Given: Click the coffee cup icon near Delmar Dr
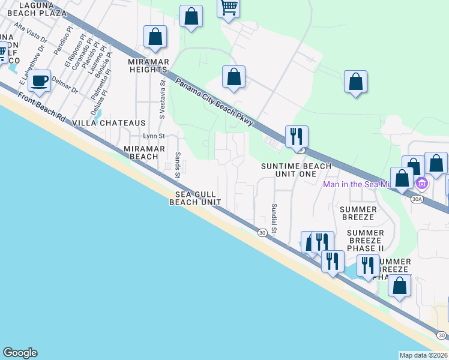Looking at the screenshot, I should click(x=40, y=80).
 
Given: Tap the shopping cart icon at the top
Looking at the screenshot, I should click(x=228, y=8).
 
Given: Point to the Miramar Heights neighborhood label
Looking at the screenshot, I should click(x=149, y=65).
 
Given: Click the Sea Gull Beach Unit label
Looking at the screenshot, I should click(x=194, y=198).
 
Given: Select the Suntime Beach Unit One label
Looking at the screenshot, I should click(x=295, y=170).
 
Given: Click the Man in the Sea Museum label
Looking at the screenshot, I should click(x=357, y=184).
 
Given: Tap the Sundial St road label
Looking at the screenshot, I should click(x=273, y=218).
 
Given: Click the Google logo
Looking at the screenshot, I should click(x=20, y=353).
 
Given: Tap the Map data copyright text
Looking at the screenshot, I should click(x=423, y=355).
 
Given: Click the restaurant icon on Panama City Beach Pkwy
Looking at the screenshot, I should click(x=296, y=137).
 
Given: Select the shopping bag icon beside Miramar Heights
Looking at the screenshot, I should click(x=155, y=37).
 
